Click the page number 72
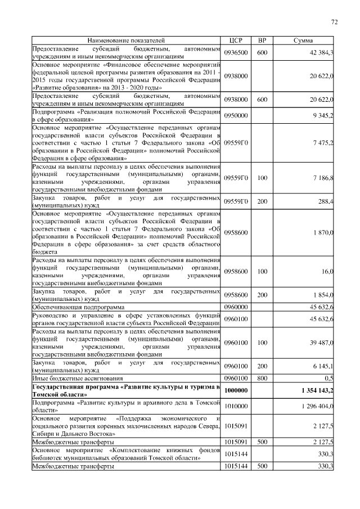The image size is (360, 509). point(334,22)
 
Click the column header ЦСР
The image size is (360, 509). point(236,41)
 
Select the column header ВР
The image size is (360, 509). point(262,41)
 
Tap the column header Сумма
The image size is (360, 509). point(303,41)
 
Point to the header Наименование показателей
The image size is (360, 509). point(126,41)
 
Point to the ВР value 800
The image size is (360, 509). point(262,378)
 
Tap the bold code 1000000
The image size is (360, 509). point(236,390)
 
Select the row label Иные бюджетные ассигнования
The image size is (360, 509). point(78,378)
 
